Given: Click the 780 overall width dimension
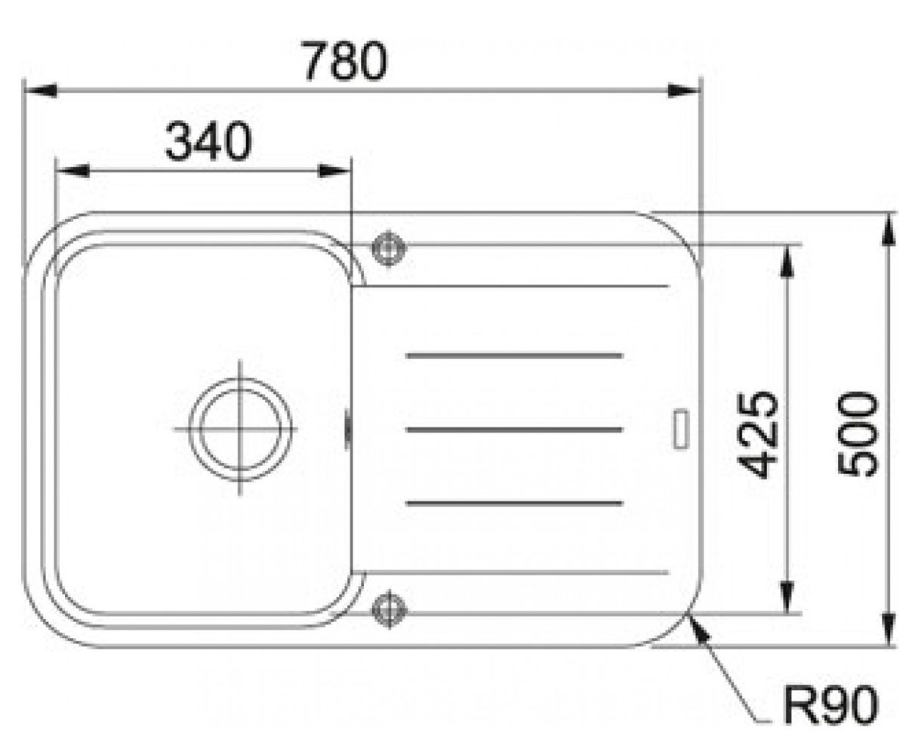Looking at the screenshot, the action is point(345,60).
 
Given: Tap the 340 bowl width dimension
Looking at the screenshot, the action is point(208,141).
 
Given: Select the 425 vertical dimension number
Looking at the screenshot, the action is point(757,435).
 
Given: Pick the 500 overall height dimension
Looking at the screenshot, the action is point(858,434).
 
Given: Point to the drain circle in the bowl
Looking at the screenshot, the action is point(240,429).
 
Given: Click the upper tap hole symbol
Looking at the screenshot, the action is point(389,248).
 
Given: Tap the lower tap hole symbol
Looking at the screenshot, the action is point(389,609).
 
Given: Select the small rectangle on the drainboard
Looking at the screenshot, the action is point(681,429).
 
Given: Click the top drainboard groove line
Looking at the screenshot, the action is point(515,356).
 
